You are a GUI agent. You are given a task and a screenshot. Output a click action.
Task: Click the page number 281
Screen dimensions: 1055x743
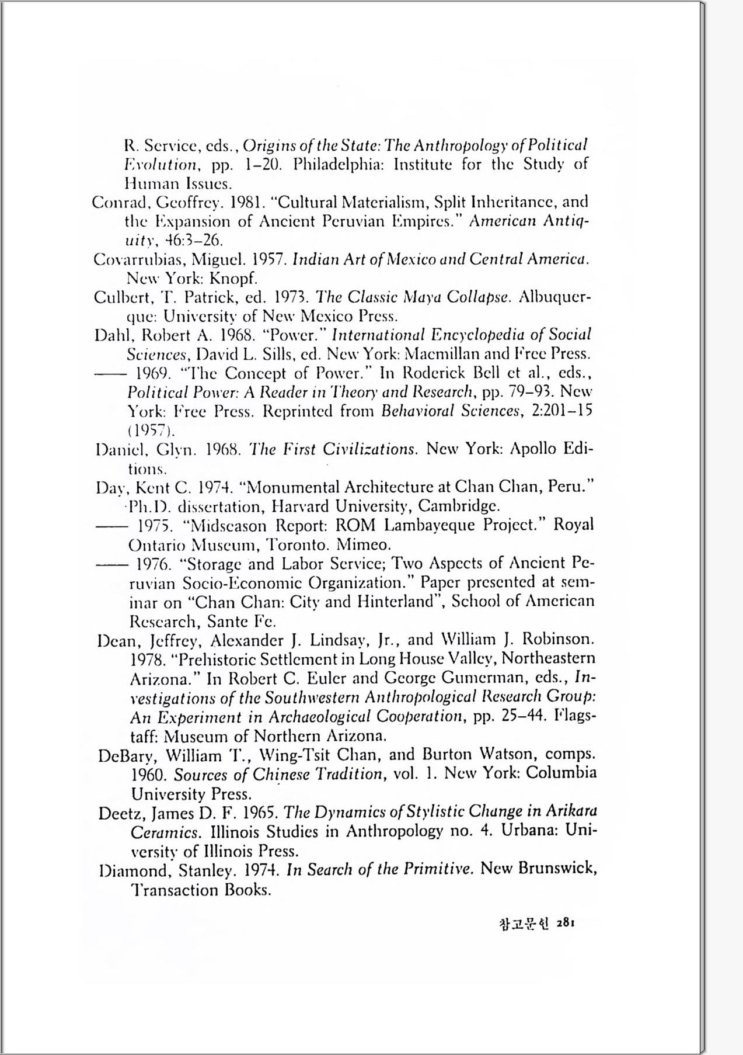tap(566, 923)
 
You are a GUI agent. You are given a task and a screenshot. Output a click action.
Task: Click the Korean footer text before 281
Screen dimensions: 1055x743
tap(525, 924)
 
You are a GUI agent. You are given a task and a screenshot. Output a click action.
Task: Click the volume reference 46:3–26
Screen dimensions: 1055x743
tap(193, 240)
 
